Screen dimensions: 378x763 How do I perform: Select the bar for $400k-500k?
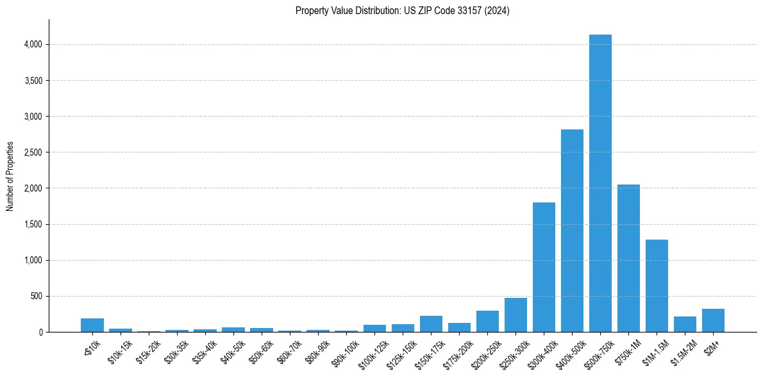(572, 231)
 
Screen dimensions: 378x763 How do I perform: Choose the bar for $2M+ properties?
(713, 320)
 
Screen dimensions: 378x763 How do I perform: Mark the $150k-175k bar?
(431, 324)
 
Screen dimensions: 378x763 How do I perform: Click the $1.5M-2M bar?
(685, 324)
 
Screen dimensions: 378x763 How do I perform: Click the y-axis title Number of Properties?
(10, 176)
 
